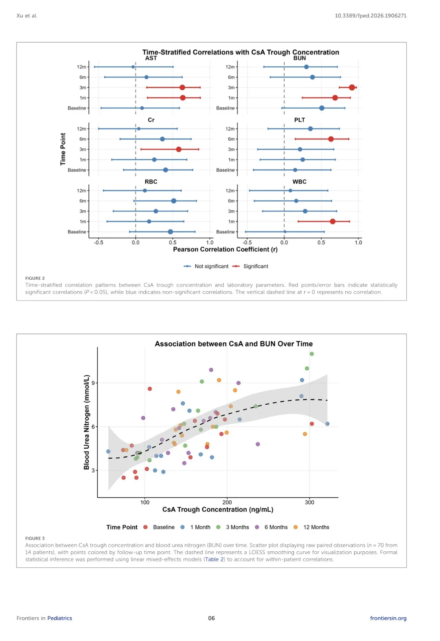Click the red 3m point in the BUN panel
[352, 88]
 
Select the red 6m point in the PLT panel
[331, 139]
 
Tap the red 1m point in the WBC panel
[333, 221]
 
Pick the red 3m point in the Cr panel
[179, 149]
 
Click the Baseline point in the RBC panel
[170, 232]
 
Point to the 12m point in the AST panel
[133, 67]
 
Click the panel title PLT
[299, 120]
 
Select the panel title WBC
[299, 182]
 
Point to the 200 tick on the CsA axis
[227, 502]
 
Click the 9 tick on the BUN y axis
[93, 383]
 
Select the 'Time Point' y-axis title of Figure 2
[63, 149]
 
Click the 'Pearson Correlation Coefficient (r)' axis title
[225, 250]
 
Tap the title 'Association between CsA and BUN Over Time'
[234, 344]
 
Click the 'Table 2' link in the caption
[212, 559]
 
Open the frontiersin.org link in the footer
[388, 618]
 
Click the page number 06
[211, 618]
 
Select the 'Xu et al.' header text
[27, 16]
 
